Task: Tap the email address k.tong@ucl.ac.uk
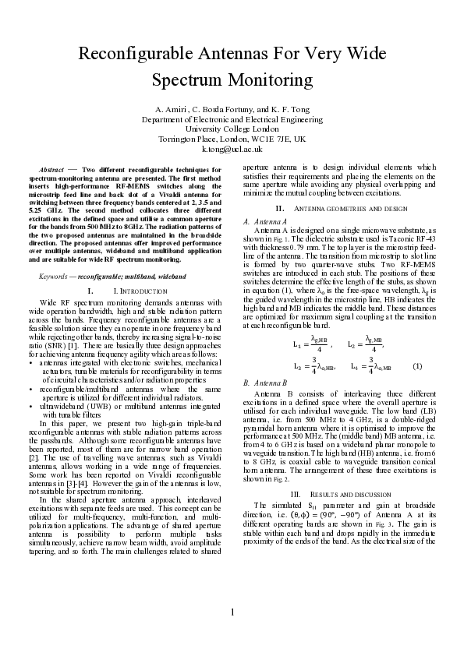click(x=232, y=148)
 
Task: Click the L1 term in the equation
click(x=296, y=344)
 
